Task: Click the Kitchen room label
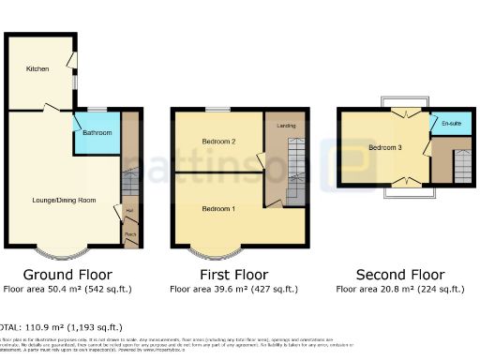click(37, 68)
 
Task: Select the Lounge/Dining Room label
click(65, 201)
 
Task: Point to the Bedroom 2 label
click(218, 142)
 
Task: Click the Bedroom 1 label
click(218, 208)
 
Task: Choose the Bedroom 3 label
click(384, 148)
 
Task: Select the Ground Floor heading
click(67, 275)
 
